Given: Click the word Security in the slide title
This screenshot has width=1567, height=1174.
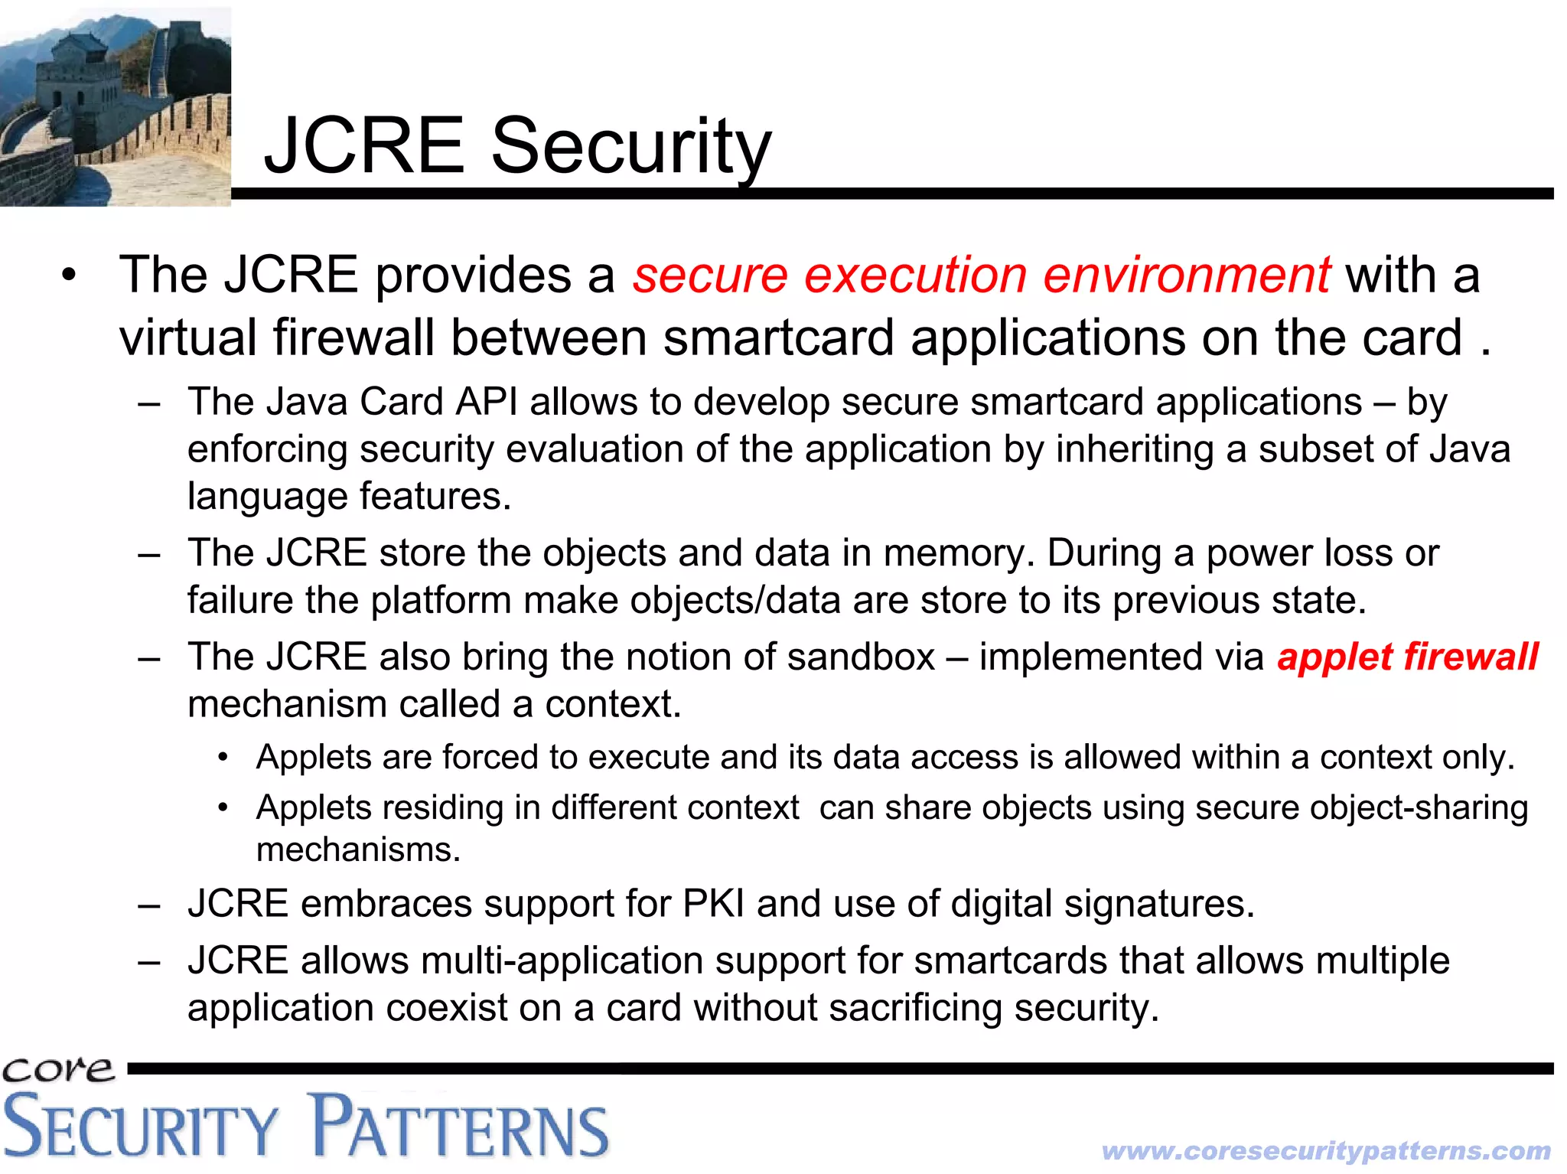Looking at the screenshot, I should pos(630,145).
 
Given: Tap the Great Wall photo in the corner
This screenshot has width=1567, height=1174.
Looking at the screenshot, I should pos(115,107).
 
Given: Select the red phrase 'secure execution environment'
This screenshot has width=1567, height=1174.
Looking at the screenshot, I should pos(982,275).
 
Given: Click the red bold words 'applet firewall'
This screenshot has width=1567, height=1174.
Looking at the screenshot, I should pos(1407,657).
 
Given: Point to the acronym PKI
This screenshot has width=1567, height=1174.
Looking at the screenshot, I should pos(713,904).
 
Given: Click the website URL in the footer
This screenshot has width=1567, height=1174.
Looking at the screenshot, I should pos(1326,1150).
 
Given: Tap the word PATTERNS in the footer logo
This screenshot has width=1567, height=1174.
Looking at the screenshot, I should pos(461,1127).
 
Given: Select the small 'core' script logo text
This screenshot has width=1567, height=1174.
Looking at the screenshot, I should pos(58,1068).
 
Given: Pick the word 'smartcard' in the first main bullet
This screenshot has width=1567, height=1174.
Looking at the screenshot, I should pos(778,338).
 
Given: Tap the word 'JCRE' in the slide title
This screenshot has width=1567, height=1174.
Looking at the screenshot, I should pos(364,145).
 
